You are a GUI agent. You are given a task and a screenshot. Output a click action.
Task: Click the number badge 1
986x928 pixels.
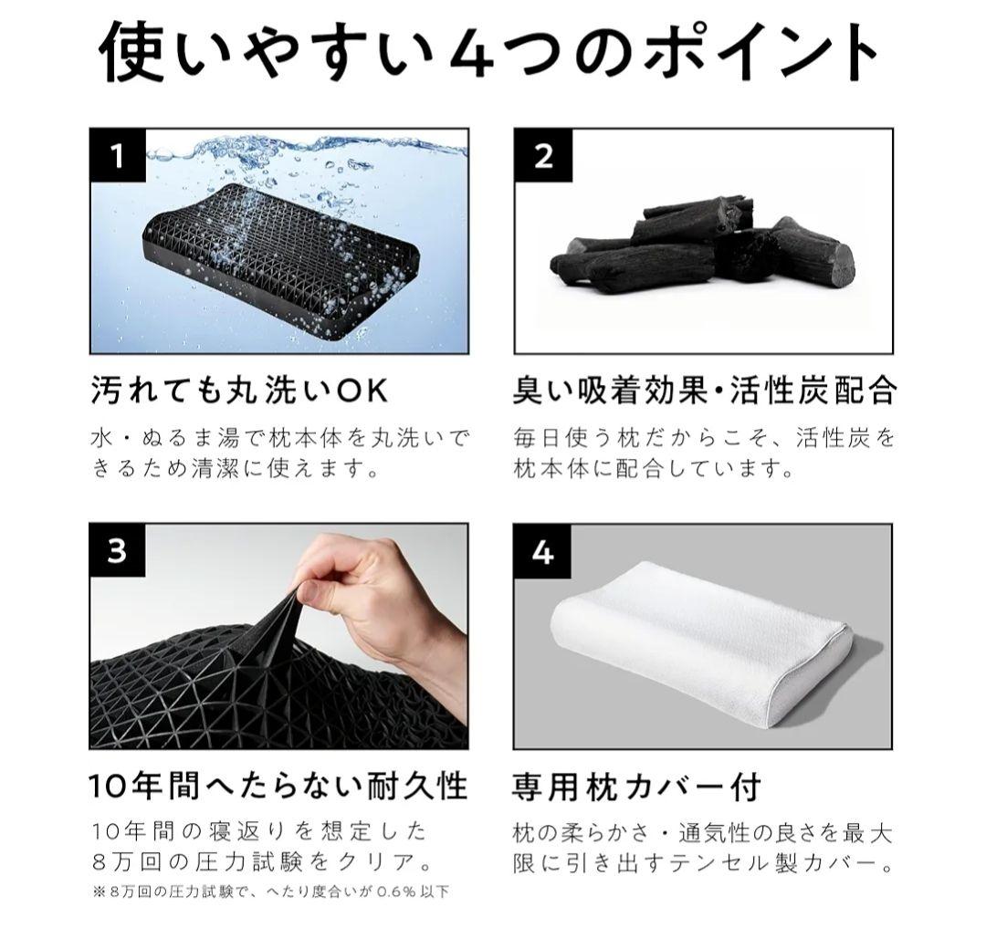117,157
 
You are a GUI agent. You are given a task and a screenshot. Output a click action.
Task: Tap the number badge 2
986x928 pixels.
542,157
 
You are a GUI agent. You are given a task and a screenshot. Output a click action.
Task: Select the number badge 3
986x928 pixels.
117,552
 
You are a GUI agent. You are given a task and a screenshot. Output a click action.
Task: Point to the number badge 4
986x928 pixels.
542,552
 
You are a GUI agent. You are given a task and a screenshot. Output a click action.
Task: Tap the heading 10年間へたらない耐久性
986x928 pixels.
278,785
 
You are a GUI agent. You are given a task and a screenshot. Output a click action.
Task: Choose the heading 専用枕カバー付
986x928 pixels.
636,785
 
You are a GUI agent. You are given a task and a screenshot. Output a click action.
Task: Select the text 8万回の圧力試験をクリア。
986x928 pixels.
262,861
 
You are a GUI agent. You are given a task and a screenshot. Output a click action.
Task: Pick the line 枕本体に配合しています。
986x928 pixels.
650,469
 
